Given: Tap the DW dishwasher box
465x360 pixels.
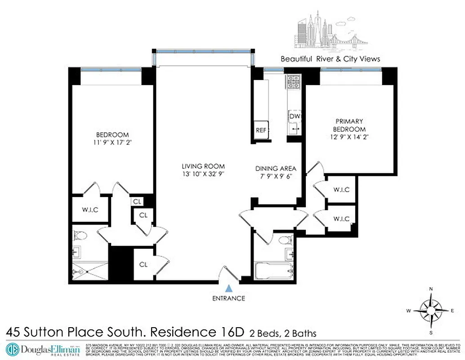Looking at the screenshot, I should (295, 117).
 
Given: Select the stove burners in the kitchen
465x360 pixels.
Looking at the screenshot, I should (294, 81).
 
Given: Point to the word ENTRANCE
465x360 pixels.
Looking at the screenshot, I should (229, 298).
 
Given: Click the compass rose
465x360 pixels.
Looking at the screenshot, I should (431, 310).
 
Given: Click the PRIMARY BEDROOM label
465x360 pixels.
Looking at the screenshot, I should (349, 125).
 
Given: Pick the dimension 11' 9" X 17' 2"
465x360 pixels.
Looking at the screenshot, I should (112, 143).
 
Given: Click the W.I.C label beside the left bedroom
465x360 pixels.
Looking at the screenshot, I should (89, 210).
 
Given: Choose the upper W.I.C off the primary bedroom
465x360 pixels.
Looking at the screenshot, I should (341, 190).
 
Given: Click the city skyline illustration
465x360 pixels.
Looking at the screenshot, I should (331, 31).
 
